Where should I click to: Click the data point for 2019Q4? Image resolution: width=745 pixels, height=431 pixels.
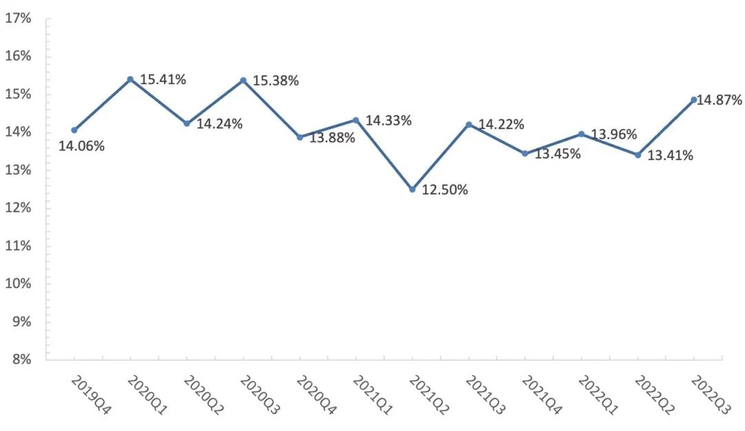coord(74,130)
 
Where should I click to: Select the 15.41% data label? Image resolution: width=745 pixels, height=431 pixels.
coord(163,79)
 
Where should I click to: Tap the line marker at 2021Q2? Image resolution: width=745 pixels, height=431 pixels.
coord(413,189)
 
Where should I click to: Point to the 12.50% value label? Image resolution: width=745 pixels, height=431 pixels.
coord(445,190)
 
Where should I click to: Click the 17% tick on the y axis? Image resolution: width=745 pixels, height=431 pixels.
coord(18,19)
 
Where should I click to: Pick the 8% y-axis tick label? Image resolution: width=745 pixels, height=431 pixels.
coord(21,359)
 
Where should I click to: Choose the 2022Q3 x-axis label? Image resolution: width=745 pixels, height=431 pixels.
coord(711,395)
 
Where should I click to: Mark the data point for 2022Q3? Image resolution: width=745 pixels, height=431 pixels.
coord(694,99)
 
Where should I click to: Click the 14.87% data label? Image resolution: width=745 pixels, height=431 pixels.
coord(719,100)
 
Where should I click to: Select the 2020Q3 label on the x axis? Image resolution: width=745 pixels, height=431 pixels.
coord(259,395)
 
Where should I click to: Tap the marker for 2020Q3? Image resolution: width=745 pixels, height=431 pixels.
coord(243,80)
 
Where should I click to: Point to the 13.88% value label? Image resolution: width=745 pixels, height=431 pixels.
coord(332,138)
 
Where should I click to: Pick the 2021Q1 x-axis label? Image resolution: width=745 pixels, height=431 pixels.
coord(372,395)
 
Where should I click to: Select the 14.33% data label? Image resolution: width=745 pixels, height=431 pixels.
coord(388,121)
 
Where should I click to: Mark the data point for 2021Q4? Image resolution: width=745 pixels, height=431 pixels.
coord(525,153)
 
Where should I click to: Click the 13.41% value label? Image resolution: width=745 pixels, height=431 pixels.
coord(670,155)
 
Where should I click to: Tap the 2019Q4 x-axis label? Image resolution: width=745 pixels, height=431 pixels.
coord(90,395)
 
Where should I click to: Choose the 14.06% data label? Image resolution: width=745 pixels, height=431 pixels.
coord(81,146)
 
